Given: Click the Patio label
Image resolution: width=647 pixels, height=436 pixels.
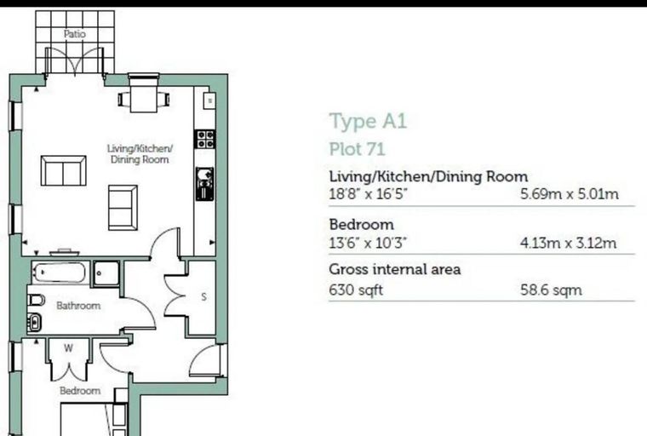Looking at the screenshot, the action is point(75,34).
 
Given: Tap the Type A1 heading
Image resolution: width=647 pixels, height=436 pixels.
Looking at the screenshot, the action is point(368,122).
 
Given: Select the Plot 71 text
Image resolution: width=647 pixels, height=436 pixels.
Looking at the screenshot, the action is point(357,149).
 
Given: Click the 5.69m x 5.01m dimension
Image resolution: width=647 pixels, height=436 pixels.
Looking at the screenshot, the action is point(570,193).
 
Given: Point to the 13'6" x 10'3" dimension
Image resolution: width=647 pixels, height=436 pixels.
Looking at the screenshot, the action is point(368,243).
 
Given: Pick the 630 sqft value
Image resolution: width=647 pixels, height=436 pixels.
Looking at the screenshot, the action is point(356,290).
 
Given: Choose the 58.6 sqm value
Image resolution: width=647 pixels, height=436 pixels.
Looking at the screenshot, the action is point(552,290).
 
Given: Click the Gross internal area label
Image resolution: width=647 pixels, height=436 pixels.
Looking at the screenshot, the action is point(394,269).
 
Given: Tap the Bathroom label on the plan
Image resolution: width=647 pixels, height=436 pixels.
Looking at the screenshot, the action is point(78,306).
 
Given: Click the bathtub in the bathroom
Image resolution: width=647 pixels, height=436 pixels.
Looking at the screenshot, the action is point(60,272).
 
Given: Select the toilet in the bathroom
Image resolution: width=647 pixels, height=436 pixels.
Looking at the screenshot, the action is point(36,300).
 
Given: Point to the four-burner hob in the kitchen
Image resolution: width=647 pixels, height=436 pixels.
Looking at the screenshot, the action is point(205,139).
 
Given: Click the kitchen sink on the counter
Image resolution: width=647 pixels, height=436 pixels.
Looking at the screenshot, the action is point(204,183).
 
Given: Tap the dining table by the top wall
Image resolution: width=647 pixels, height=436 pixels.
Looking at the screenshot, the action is point(144,99).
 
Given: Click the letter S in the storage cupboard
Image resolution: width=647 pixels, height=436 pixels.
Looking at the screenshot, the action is point(203,296).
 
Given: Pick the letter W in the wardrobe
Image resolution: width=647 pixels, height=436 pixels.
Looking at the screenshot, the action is point(68,348).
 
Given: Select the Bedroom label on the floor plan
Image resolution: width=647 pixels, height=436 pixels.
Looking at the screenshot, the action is point(80,391).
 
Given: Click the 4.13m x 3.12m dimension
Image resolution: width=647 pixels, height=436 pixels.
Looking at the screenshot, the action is point(568,243).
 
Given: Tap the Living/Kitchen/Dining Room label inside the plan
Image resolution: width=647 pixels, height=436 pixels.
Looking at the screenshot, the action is point(140,154).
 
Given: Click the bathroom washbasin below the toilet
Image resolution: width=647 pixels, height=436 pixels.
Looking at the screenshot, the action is point(35,322).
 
